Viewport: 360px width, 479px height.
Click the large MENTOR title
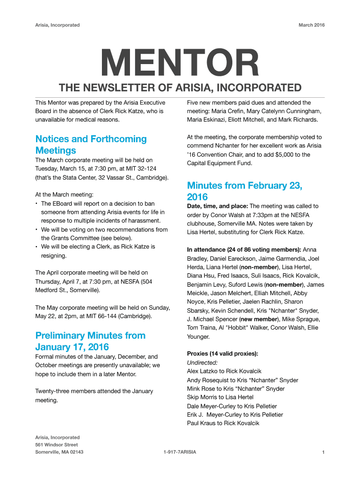180,65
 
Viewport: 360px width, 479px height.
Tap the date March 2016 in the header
311,25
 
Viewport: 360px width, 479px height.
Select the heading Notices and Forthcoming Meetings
91,145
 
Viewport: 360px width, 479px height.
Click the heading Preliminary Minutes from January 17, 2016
90,341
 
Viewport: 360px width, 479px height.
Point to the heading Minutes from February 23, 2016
245,191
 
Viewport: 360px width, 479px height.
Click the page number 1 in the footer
323,452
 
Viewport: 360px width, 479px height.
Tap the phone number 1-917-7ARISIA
180,452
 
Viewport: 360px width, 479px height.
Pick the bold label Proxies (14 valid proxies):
223,353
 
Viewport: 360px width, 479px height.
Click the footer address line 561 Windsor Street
57,444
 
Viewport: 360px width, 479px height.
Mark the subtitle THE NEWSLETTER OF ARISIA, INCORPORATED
180,88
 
